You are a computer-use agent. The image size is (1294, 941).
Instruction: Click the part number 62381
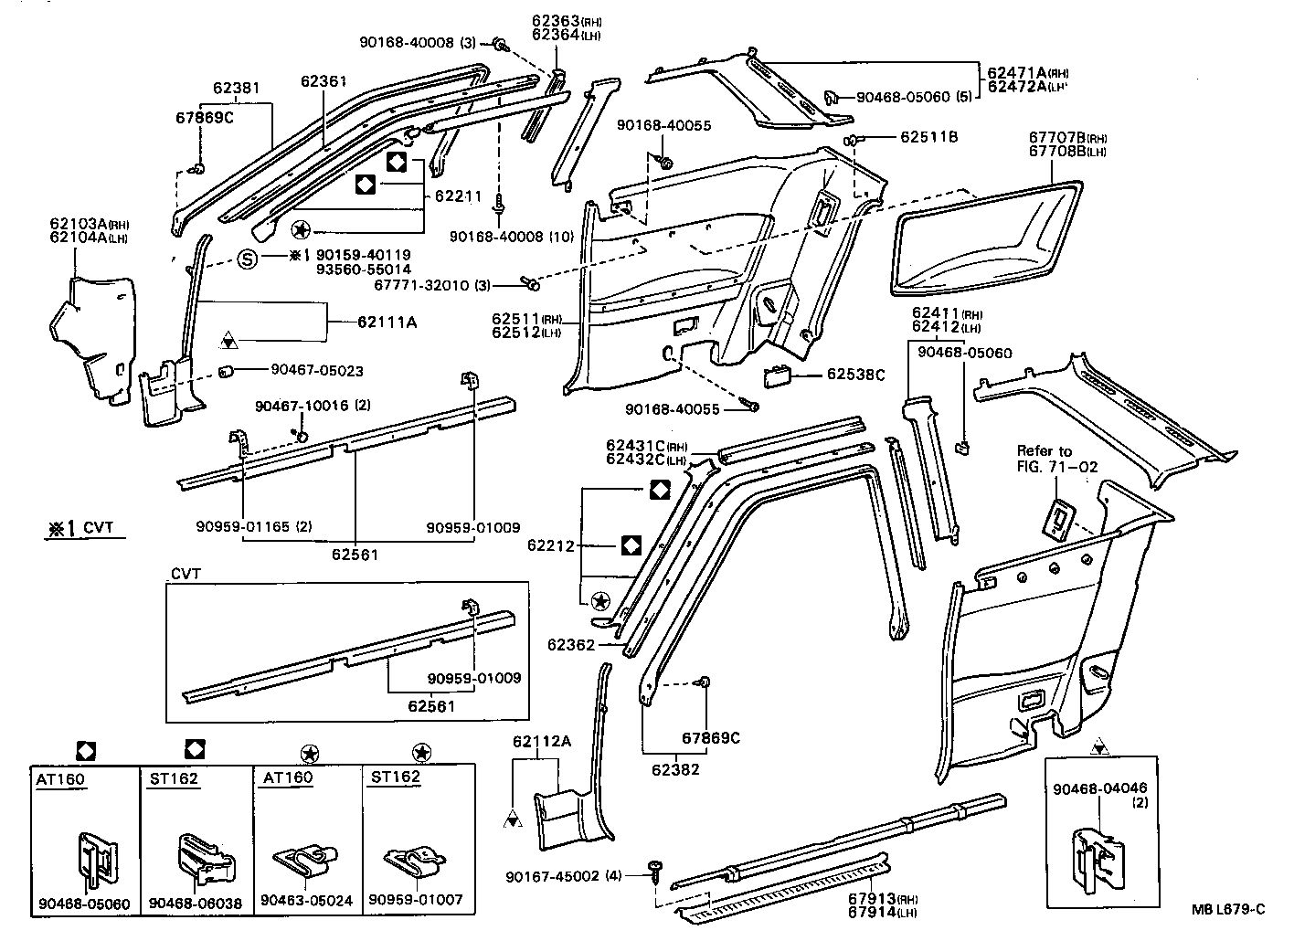pos(237,89)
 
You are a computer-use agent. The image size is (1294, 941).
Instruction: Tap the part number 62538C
pos(856,375)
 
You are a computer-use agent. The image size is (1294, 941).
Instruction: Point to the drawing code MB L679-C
pos(1228,909)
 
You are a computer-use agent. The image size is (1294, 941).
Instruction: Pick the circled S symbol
pos(248,259)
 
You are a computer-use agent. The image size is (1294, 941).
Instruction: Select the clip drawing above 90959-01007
pos(415,861)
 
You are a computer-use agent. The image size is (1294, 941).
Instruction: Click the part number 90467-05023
pos(316,371)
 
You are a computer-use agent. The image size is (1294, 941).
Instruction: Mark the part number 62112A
pos(541,741)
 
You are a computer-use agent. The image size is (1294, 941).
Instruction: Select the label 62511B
pos(928,137)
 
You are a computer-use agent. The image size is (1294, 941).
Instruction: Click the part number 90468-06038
pos(195,903)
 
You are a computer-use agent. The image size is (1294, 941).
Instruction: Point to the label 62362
pos(571,645)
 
